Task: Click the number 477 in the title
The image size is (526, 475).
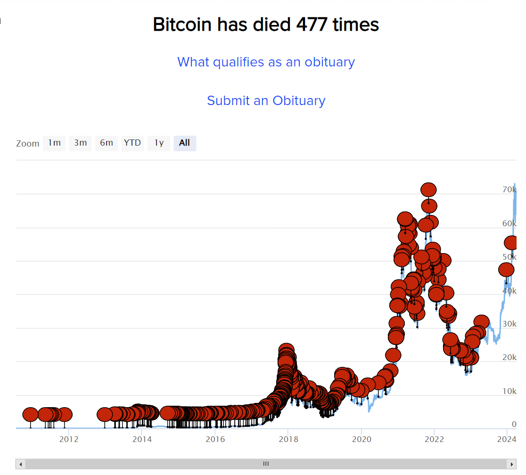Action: tap(312, 25)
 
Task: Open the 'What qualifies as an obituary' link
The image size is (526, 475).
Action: tap(266, 62)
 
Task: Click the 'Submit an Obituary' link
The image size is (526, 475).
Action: tap(266, 100)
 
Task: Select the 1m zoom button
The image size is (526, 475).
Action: tap(54, 143)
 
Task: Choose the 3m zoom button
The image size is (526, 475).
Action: tap(80, 143)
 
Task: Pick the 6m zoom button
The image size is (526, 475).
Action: tap(106, 143)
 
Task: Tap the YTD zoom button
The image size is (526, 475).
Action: tap(132, 143)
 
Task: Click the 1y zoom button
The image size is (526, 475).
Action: tap(159, 143)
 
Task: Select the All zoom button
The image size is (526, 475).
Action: tap(185, 143)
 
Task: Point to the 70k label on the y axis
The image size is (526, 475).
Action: tap(509, 189)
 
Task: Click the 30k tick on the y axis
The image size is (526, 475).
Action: tap(509, 324)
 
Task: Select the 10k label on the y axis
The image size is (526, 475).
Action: tap(509, 391)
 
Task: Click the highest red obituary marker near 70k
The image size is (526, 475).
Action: tap(428, 190)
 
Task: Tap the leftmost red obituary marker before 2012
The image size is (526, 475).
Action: tap(30, 415)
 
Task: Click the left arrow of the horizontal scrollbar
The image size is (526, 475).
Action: tap(20, 464)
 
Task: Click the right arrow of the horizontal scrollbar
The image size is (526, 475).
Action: tap(511, 464)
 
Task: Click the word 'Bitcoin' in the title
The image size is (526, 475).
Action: tap(182, 25)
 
